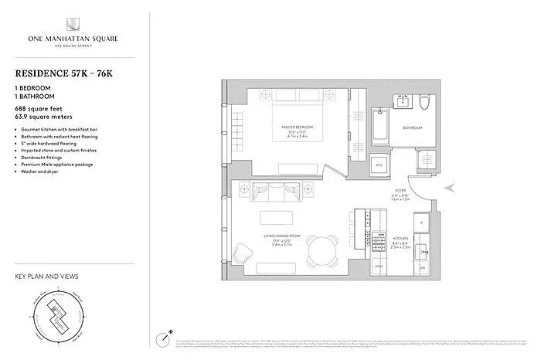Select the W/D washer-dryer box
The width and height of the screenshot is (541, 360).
tap(379, 165)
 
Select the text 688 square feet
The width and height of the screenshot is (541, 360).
tap(40, 110)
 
